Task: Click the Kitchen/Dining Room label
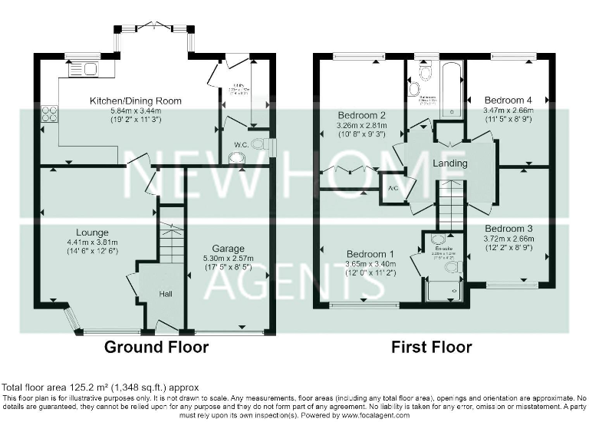[135, 101]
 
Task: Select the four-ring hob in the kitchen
[49, 114]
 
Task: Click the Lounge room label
[91, 233]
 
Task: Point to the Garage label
[229, 249]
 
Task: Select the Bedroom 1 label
[370, 254]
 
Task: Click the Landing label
[450, 163]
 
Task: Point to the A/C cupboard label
[393, 188]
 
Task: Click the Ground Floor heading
[156, 347]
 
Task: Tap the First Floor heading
[431, 347]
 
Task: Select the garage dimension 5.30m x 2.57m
[229, 259]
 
